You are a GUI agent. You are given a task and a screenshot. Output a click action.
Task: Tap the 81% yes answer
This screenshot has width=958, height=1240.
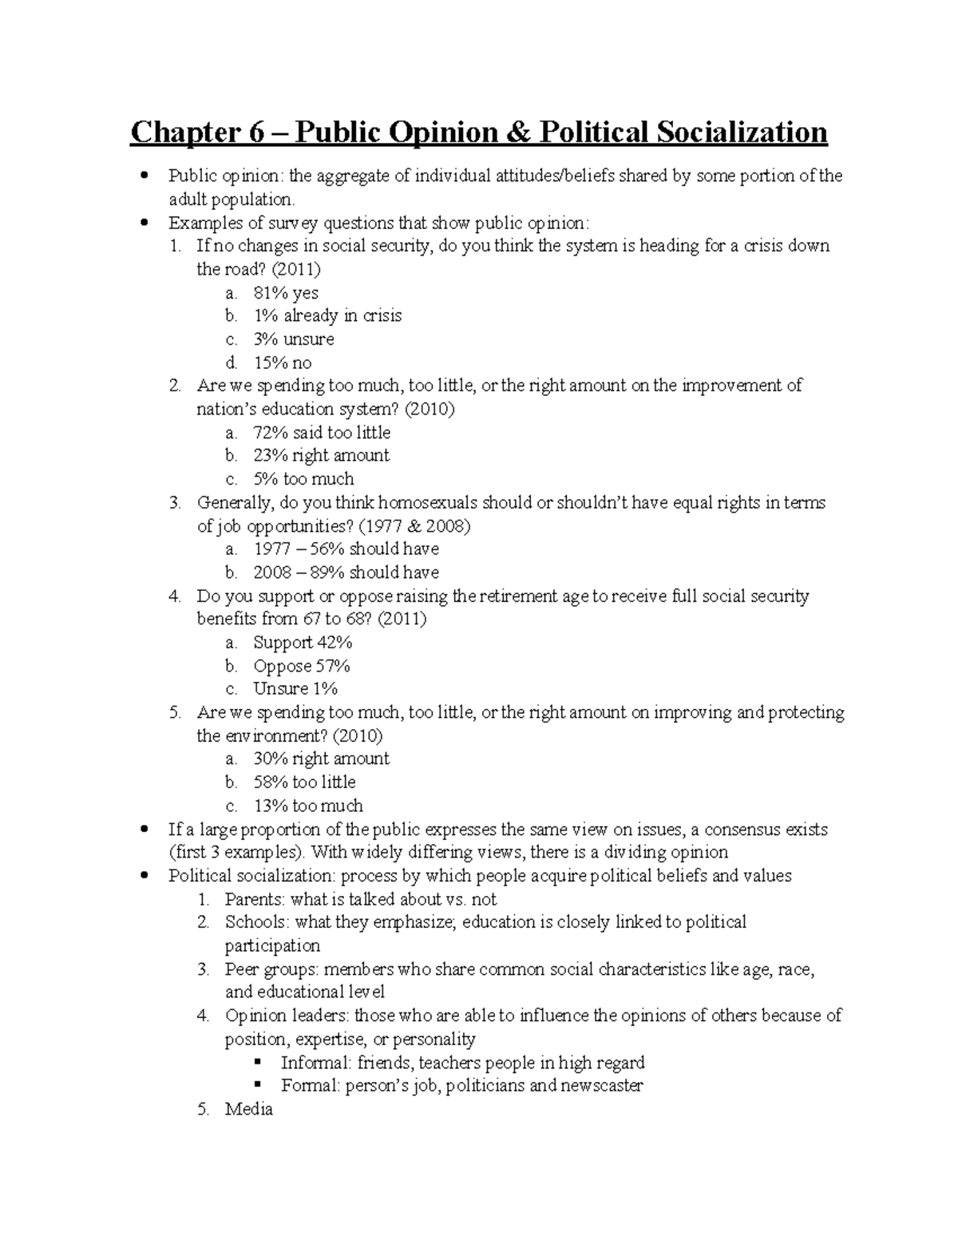coord(286,293)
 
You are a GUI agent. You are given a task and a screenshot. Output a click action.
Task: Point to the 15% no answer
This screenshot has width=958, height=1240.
coord(283,363)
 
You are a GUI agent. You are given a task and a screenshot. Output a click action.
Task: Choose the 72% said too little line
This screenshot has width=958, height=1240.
coord(322,433)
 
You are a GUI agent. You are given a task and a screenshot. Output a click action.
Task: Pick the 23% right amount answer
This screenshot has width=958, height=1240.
coord(321,456)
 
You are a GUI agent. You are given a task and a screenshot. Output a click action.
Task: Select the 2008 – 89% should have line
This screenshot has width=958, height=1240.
coord(346,572)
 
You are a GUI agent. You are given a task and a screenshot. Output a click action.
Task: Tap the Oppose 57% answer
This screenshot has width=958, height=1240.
coord(302,666)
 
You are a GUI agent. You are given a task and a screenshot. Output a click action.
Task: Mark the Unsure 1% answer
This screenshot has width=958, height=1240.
coord(295,689)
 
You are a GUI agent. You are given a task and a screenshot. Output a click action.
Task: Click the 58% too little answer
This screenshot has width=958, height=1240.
coord(304,782)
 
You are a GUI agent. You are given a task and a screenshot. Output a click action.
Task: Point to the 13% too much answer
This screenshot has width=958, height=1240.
coord(308,806)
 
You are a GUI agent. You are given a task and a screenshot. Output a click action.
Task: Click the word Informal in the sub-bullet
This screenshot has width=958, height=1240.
coord(316,1064)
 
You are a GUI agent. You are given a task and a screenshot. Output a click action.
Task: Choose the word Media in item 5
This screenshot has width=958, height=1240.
coord(249,1110)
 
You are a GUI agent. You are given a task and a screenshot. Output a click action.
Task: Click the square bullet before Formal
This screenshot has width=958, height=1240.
coord(257,1086)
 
